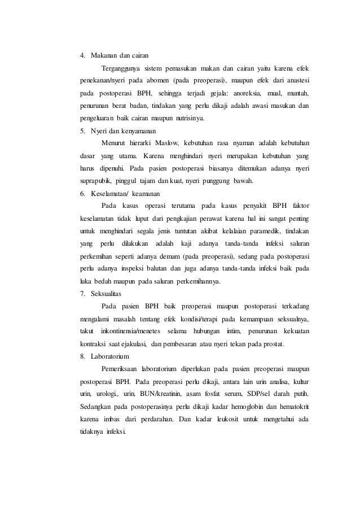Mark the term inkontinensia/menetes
[x=131, y=332]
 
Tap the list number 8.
[x=82, y=356]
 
